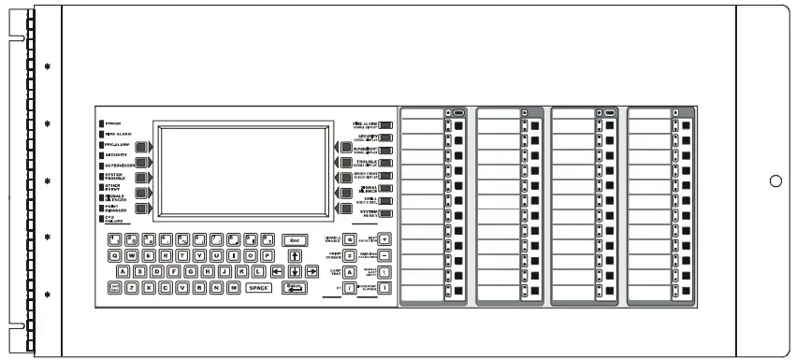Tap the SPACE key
coord(258,288)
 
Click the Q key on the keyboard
coord(116,255)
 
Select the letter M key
coord(233,288)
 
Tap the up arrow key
coord(296,255)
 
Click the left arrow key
coord(278,272)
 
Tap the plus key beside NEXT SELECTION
coord(384,239)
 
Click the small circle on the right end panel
coord(775,180)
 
